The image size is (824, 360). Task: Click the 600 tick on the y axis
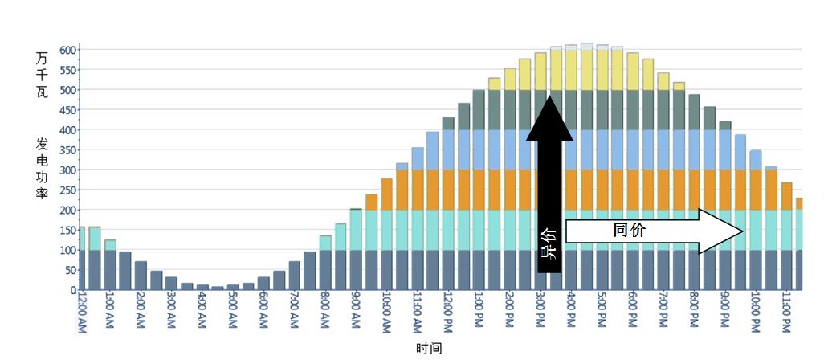point(67,50)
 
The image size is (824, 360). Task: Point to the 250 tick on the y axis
point(67,190)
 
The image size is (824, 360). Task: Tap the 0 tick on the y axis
point(72,289)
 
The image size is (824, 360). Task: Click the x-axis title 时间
point(429,348)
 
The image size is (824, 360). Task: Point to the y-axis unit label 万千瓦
point(42,74)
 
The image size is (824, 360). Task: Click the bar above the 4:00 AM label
point(202,287)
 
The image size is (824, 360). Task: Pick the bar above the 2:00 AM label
point(141,276)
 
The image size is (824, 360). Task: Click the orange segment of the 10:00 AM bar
point(386,194)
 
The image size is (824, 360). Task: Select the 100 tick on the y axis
point(67,250)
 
